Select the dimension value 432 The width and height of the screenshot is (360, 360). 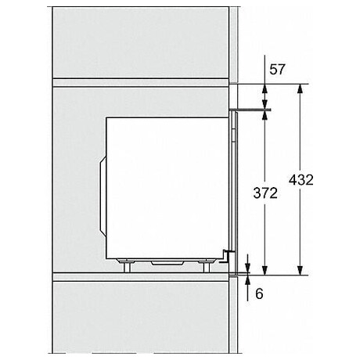click(x=301, y=180)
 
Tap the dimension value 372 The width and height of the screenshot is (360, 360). click(x=265, y=194)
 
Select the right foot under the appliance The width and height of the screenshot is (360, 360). click(x=207, y=265)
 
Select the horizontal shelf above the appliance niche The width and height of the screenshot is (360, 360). click(x=141, y=81)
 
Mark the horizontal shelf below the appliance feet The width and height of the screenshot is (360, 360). click(x=141, y=275)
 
